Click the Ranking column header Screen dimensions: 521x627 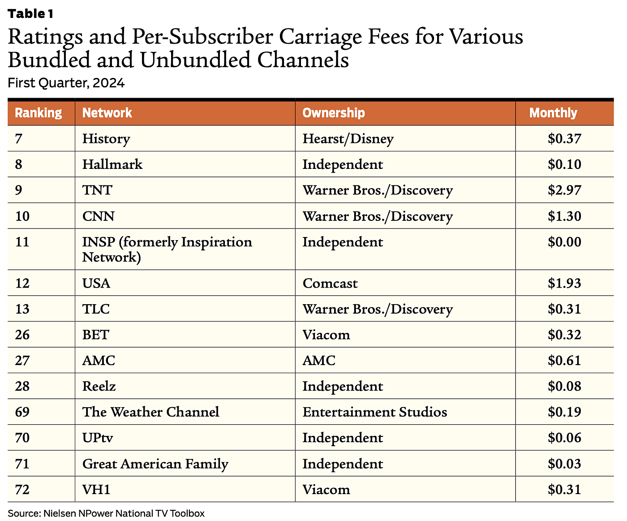(39, 113)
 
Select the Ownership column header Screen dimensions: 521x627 (334, 113)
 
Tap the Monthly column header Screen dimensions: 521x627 (553, 113)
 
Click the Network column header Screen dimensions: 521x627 (107, 113)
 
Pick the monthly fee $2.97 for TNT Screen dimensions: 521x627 (564, 190)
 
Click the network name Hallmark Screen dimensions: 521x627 (112, 164)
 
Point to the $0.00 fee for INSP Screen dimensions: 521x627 (564, 242)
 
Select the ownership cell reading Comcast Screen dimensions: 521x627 (330, 284)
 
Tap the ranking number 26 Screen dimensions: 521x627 (22, 335)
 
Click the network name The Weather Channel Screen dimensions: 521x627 (150, 412)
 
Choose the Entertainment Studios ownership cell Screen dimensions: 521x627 (374, 412)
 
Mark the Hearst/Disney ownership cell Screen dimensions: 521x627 (348, 139)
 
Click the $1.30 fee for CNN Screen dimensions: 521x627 (564, 216)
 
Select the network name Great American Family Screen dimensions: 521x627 (155, 464)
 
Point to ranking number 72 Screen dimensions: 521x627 (22, 490)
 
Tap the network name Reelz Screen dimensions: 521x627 (99, 387)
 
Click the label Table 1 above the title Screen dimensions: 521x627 (30, 14)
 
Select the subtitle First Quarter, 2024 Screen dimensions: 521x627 (66, 83)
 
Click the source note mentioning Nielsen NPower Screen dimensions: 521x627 (106, 513)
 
